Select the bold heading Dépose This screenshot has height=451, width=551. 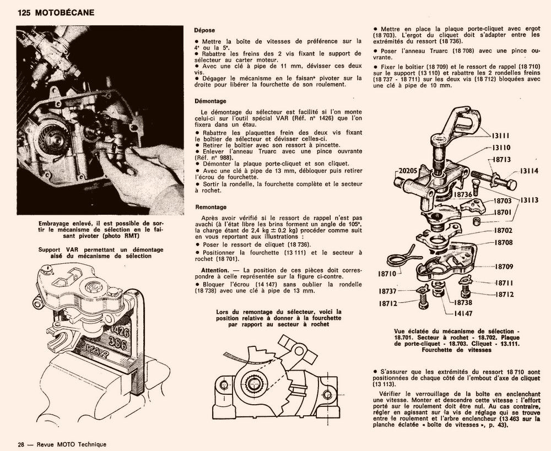[204, 30]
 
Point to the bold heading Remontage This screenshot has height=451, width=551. [210, 207]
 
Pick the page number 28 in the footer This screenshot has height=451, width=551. [21, 444]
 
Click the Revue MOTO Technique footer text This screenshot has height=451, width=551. [70, 444]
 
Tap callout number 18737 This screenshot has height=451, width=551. [389, 291]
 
